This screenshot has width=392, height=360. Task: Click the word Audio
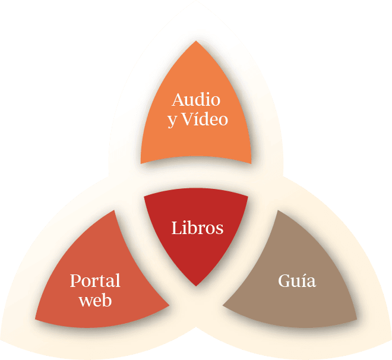(196, 99)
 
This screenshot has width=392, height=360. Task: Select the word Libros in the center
(197, 228)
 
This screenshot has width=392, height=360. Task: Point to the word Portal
(95, 280)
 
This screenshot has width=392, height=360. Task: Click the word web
(95, 301)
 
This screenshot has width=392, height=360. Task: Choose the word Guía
(297, 280)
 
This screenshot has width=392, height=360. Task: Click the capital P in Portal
(75, 280)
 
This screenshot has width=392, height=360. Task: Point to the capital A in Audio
(178, 99)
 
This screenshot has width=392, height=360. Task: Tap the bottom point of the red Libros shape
(197, 286)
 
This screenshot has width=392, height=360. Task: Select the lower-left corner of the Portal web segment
(36, 319)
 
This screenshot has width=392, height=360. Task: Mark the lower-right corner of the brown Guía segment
(356, 319)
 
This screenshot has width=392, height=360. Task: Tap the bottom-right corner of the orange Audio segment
(251, 163)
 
